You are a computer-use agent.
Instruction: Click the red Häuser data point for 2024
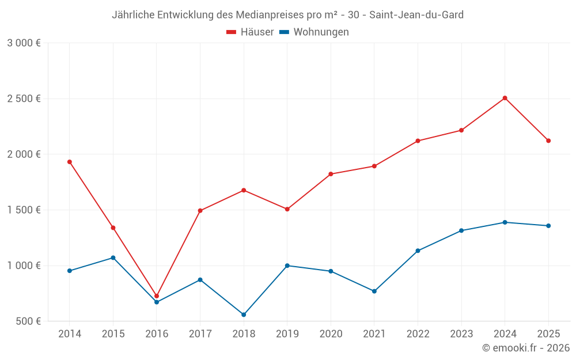tap(505, 98)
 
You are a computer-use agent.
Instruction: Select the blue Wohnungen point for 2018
tap(244, 314)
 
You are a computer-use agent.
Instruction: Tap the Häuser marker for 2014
tap(70, 162)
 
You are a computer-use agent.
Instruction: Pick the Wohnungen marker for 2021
tap(374, 291)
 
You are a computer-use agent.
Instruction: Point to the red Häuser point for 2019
tap(287, 209)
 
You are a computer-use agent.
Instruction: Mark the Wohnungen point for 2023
tap(461, 230)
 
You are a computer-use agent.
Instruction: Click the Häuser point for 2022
tap(418, 141)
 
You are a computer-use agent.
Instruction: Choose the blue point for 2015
tap(113, 257)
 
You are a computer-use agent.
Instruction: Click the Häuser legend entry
tap(250, 32)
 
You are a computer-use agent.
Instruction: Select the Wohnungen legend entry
tap(314, 32)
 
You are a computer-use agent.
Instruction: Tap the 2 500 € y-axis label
tap(24, 98)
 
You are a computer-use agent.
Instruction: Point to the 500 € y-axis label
tap(28, 321)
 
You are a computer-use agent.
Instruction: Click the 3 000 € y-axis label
tap(24, 43)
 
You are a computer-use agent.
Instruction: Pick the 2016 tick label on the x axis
tap(157, 334)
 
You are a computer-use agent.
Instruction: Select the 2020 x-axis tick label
tap(331, 334)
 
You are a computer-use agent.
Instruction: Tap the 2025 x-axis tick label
tap(548, 334)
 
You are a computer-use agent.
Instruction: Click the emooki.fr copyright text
tap(526, 348)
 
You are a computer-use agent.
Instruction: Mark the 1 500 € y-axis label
tap(24, 210)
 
